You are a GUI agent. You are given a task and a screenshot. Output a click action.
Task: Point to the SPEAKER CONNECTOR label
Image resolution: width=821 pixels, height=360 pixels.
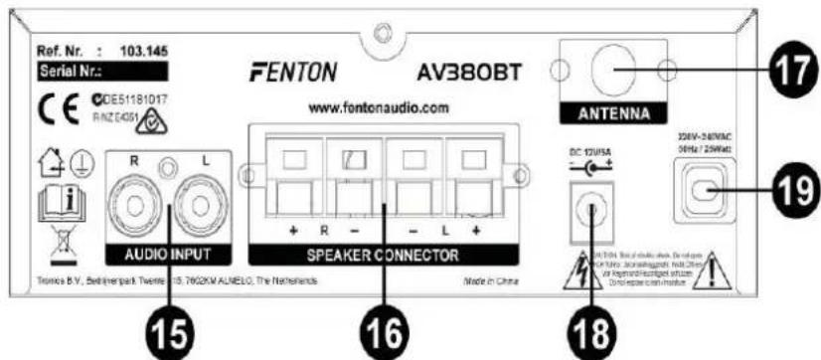click(384, 255)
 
